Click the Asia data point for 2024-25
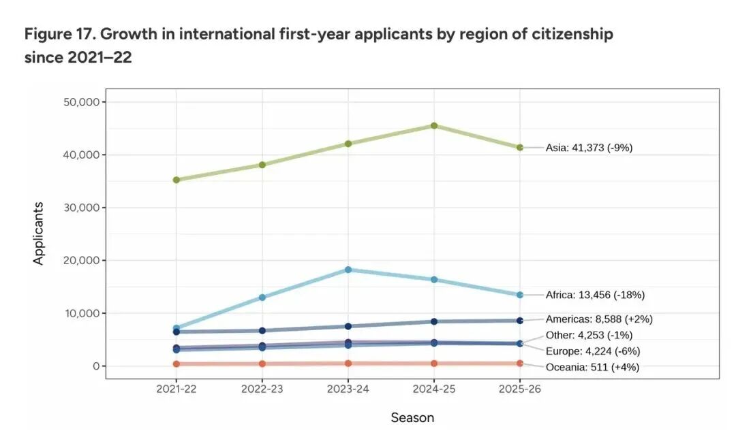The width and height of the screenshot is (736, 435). coord(434,126)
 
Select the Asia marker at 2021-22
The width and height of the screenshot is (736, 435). coord(177,180)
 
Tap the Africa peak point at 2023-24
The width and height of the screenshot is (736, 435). coord(348,270)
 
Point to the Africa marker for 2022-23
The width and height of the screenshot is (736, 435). coord(262,297)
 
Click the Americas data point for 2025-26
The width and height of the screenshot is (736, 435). coord(520,321)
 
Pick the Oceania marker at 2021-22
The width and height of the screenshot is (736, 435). coord(177,364)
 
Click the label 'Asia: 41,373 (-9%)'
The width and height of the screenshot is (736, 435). coord(589,147)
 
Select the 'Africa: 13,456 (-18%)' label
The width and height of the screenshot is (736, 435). coord(595,295)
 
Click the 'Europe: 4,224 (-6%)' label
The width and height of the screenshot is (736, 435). coord(592,351)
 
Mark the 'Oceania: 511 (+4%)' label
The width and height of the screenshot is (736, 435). coord(592,368)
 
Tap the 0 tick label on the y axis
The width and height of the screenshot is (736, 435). coord(95,366)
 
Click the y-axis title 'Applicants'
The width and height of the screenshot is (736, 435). coord(38,233)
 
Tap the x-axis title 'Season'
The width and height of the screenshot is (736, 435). coord(412,417)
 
